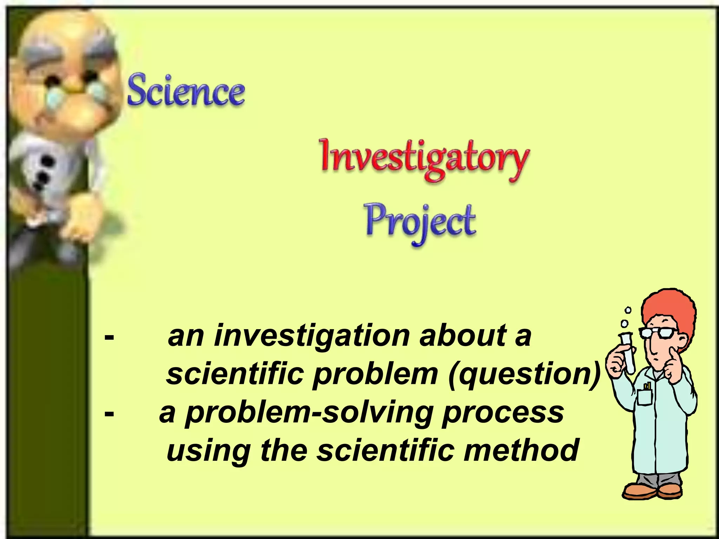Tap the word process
503,413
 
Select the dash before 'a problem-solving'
109,414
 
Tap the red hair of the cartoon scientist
668,309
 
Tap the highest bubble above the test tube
628,310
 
